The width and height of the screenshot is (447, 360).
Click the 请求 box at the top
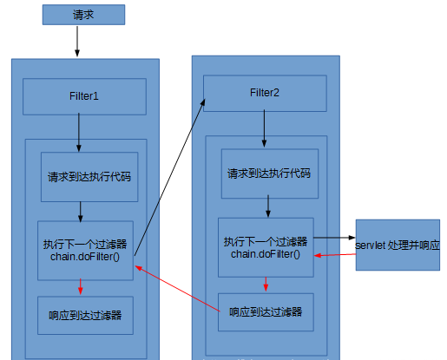tap(83, 15)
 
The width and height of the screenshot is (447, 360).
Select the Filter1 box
tap(84, 96)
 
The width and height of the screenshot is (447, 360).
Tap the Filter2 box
tap(265, 94)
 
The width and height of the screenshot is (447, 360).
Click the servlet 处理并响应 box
tap(398, 245)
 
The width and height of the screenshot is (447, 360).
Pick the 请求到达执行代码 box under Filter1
tap(89, 177)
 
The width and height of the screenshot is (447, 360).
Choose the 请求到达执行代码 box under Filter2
tap(270, 173)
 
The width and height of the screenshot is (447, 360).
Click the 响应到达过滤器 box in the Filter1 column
tap(85, 316)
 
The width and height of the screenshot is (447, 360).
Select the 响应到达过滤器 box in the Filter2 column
tap(266, 312)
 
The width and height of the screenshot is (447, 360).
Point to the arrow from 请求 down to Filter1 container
tap(77, 42)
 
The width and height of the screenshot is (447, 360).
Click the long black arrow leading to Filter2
tap(170, 177)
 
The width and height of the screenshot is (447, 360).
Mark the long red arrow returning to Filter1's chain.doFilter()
tap(178, 289)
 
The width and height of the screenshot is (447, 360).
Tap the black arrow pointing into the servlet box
tap(334, 238)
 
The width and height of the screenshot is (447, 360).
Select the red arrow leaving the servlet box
tap(335, 255)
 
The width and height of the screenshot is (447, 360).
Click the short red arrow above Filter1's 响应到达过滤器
tap(81, 287)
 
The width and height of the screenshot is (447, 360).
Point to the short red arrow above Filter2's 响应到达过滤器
tap(266, 285)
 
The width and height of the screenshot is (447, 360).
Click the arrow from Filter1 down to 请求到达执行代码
tap(79, 133)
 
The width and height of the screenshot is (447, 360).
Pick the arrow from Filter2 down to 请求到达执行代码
tap(264, 128)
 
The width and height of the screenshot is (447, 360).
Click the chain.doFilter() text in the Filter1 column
tap(85, 257)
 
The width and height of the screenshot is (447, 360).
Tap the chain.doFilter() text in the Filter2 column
tap(266, 254)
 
